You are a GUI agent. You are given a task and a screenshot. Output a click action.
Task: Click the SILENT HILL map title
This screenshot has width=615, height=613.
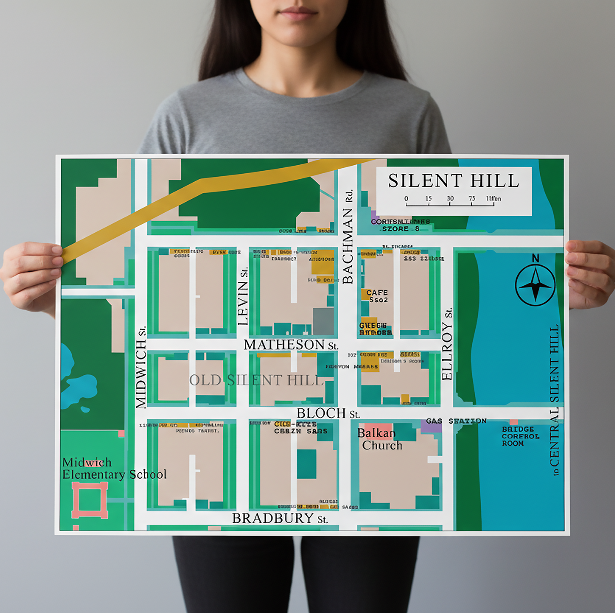click(454, 181)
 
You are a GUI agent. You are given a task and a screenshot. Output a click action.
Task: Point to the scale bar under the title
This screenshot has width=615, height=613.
click(450, 203)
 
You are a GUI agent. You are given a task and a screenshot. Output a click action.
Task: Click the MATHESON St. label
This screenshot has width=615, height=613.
click(291, 345)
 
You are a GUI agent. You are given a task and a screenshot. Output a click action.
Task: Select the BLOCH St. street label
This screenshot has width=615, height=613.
click(328, 413)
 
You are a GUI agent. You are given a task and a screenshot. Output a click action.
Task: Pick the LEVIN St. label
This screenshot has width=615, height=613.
click(243, 296)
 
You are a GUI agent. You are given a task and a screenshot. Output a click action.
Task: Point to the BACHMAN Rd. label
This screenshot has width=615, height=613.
click(347, 237)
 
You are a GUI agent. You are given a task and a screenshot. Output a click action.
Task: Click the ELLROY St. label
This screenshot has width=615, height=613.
click(447, 344)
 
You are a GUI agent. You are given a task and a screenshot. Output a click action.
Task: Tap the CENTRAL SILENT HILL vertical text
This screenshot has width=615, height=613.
click(554, 400)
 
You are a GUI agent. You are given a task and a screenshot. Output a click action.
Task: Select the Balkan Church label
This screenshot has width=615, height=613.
click(379, 439)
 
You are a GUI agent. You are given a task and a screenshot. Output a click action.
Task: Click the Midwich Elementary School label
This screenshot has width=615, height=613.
click(114, 469)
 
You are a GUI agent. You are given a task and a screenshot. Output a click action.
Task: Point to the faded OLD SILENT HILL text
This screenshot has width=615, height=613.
click(256, 380)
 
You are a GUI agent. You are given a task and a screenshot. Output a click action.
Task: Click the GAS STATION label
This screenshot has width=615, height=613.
click(456, 421)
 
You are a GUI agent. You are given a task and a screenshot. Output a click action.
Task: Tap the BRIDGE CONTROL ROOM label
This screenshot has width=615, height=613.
click(520, 436)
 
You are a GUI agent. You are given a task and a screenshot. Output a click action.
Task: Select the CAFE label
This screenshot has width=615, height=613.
click(377, 292)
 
